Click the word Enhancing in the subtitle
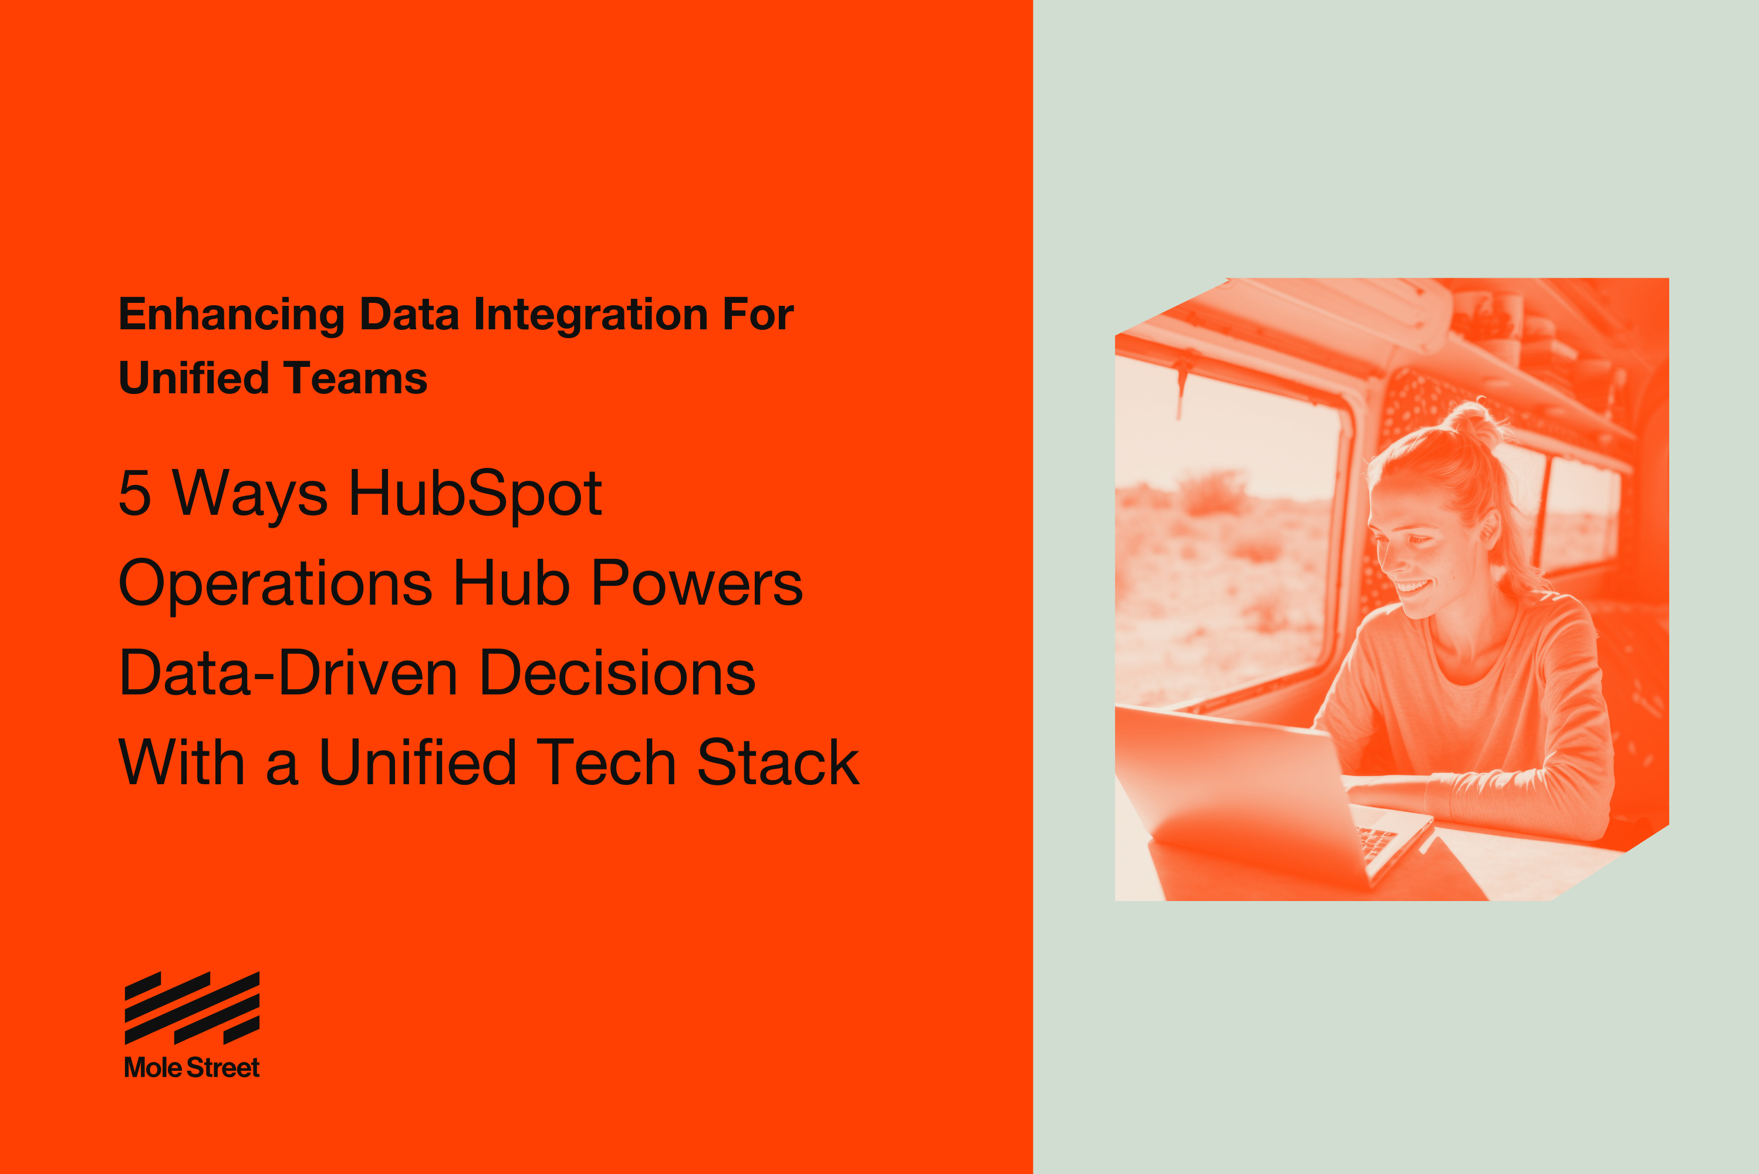click(231, 315)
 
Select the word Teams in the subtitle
click(355, 378)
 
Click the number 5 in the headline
click(135, 494)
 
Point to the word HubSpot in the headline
click(475, 494)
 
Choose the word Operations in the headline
click(275, 584)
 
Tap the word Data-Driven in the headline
click(288, 673)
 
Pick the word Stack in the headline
click(778, 763)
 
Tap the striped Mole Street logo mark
click(191, 1008)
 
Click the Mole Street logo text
click(191, 1068)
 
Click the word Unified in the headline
click(418, 763)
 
